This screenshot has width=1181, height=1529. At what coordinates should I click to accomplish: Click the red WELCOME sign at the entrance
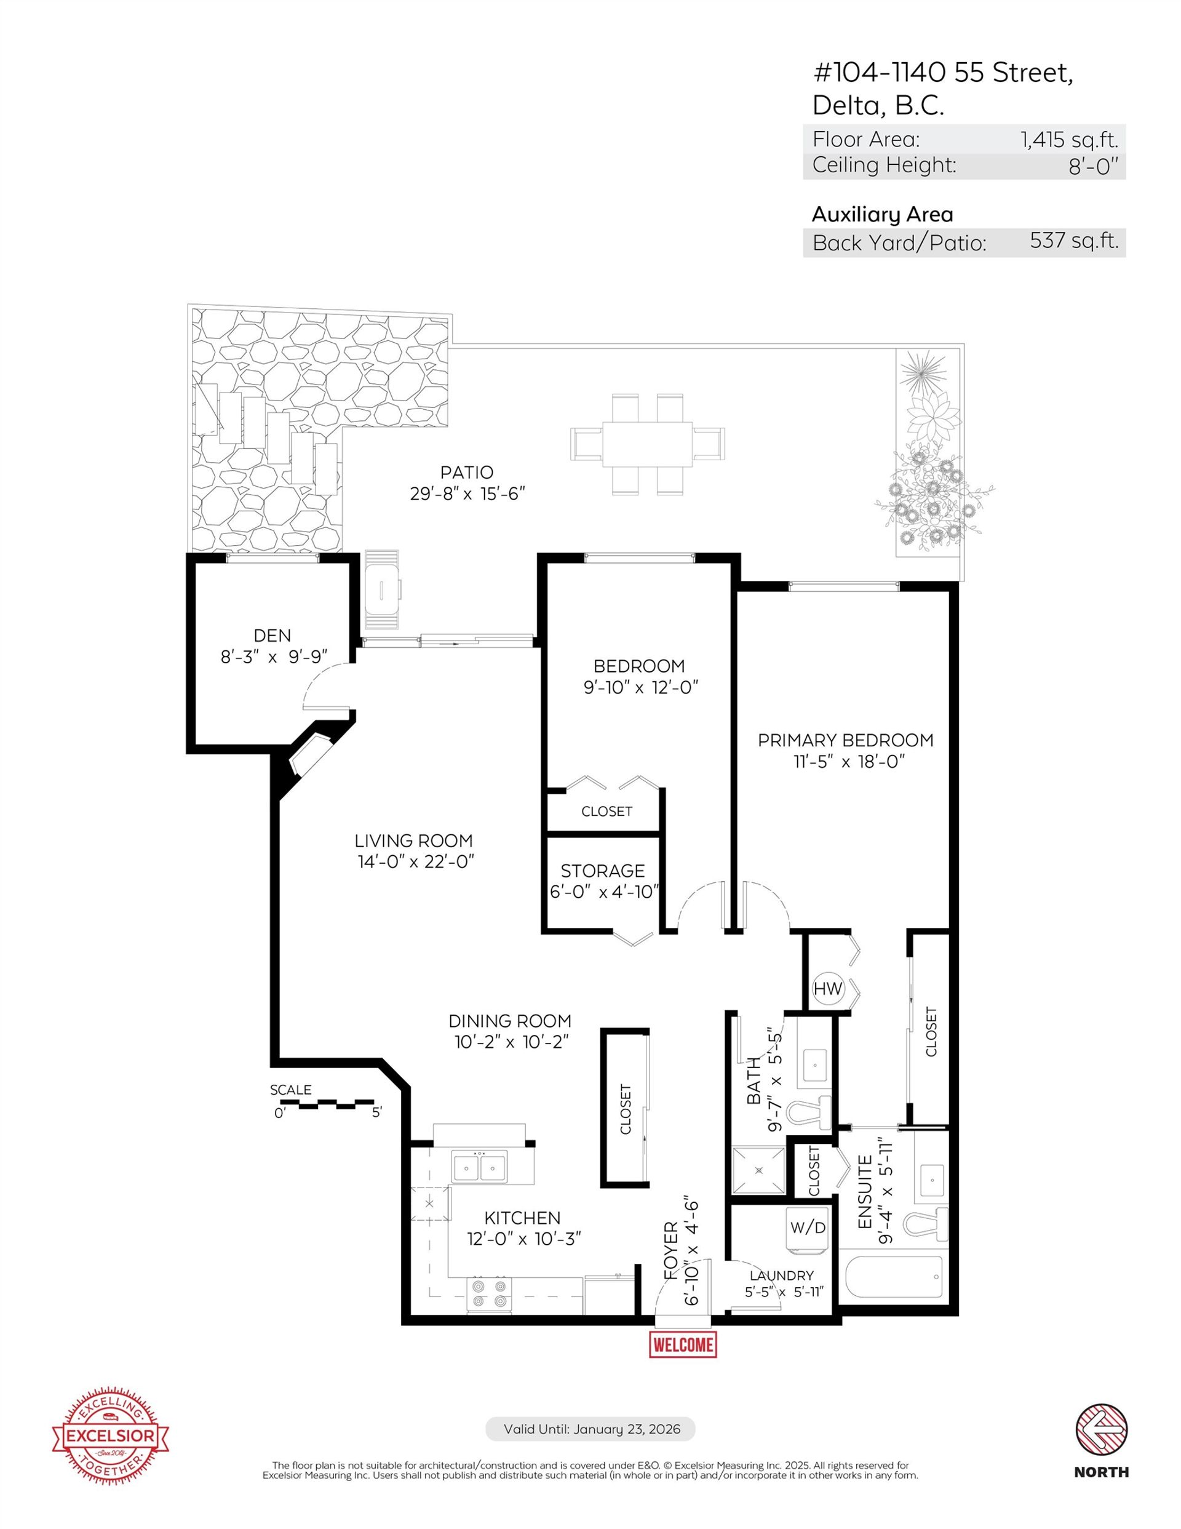[683, 1344]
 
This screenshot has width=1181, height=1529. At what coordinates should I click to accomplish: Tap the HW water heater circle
[828, 989]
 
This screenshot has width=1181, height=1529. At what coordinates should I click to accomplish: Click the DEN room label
[272, 635]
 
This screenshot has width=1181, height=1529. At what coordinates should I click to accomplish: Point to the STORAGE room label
[603, 870]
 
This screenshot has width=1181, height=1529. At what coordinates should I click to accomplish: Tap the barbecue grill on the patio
[381, 589]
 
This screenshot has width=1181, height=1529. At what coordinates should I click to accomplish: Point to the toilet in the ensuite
[926, 1224]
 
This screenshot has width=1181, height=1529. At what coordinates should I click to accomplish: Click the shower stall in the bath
[759, 1170]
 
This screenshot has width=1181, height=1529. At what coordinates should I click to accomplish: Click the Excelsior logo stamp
[111, 1437]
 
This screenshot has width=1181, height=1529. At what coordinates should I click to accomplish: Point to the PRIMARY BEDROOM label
[846, 740]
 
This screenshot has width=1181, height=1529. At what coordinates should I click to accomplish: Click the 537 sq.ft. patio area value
[1074, 241]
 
